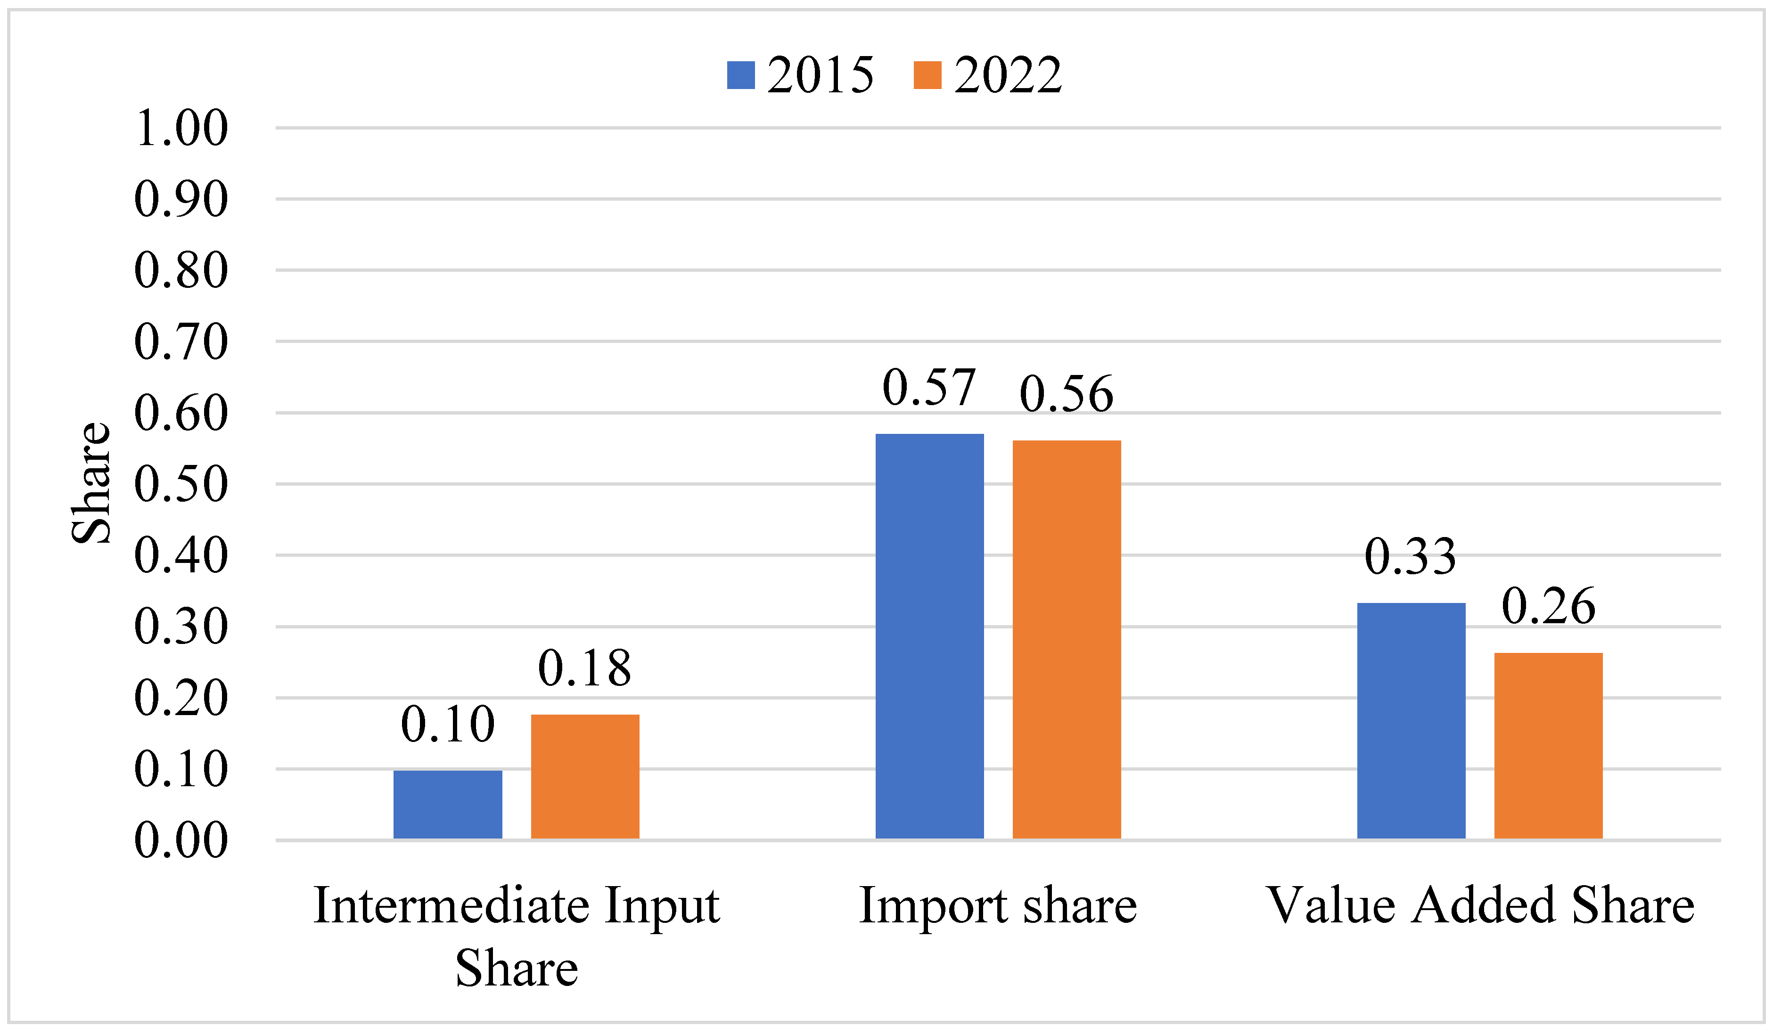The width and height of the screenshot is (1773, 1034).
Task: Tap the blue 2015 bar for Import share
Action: coord(929,636)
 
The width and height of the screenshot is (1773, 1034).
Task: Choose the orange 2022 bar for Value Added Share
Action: coord(1548,746)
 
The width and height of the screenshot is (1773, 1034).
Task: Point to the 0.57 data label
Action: coord(929,388)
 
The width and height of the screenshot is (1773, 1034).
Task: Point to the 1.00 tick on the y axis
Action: coord(181,129)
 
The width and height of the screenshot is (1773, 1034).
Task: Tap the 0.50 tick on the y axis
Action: coord(181,485)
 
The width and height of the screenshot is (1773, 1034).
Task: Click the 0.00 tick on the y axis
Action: coord(181,840)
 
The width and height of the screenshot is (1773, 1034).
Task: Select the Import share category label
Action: coord(998,905)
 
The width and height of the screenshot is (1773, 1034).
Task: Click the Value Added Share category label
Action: coord(1479,905)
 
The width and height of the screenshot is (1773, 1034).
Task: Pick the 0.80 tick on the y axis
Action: coord(181,271)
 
